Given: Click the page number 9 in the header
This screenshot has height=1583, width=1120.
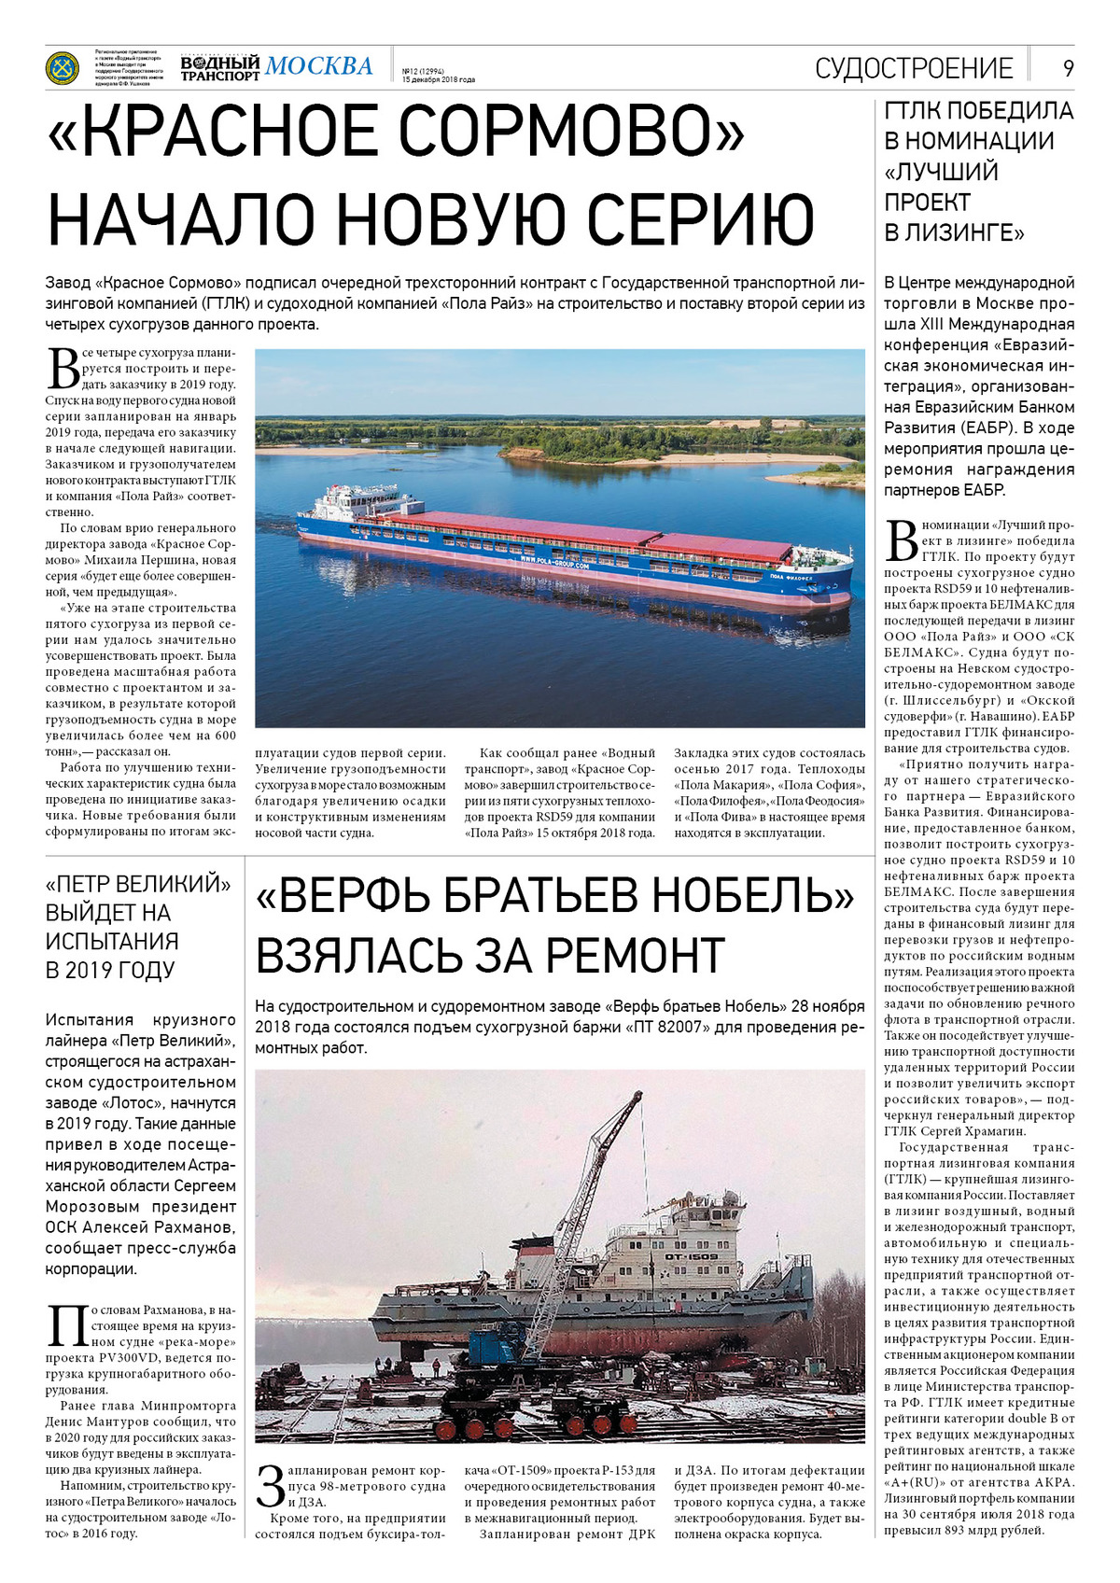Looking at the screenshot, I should point(1068,68).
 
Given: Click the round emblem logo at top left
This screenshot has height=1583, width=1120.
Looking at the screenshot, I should point(63,67).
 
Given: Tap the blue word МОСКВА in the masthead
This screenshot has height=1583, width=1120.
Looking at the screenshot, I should point(318,66).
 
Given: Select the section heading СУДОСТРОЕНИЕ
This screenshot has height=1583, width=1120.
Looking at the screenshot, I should point(914,68).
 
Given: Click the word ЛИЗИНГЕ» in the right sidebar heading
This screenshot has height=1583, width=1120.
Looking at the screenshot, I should point(964,232).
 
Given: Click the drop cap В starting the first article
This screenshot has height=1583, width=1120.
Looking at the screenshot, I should point(63,367).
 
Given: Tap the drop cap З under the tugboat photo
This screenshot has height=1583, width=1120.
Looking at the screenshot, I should point(270,1486).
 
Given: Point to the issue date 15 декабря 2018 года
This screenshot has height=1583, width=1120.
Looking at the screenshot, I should point(438,79).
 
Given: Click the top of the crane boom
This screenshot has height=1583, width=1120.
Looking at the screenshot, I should point(638,1096).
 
